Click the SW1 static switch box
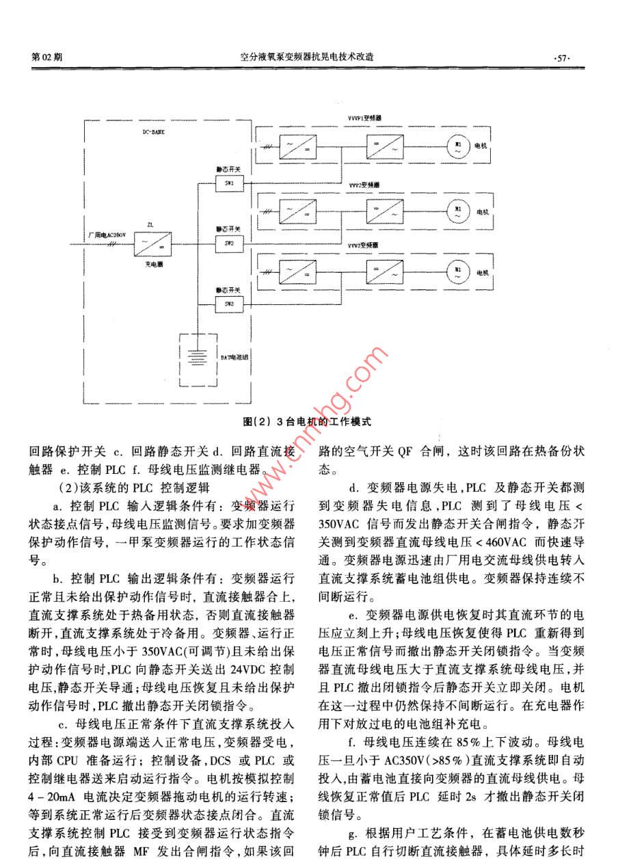(x=228, y=183)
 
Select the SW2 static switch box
(x=228, y=243)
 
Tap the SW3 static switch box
(x=228, y=303)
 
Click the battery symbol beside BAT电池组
(x=198, y=356)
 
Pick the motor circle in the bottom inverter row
(x=456, y=271)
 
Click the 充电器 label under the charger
(x=151, y=263)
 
